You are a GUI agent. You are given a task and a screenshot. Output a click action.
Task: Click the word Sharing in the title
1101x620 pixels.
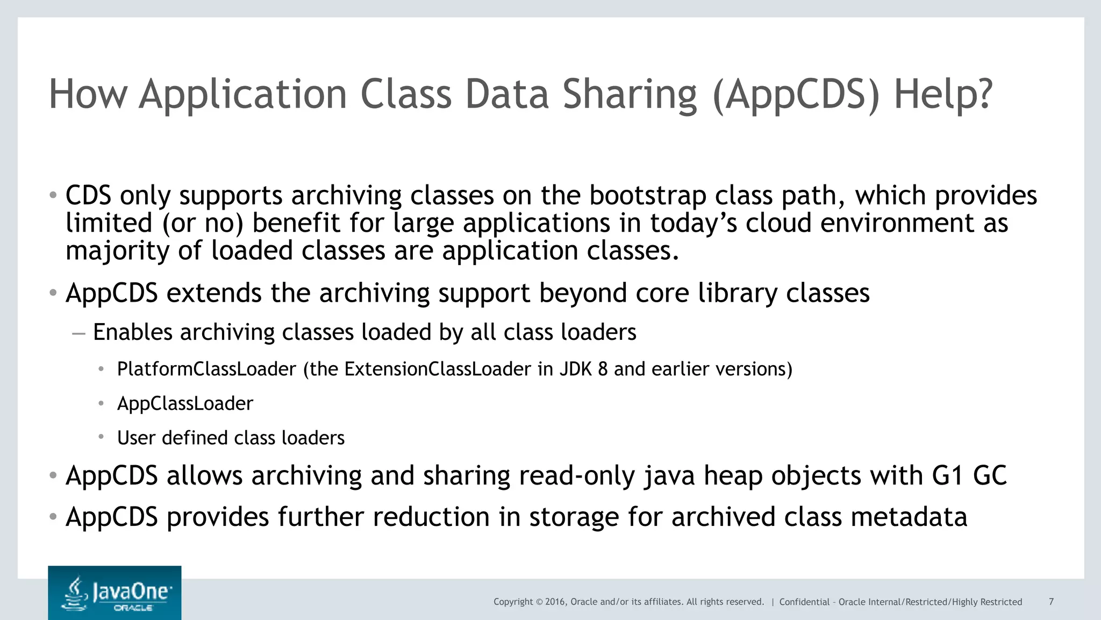click(x=628, y=95)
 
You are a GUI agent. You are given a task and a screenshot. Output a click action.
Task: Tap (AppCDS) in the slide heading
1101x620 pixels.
click(x=796, y=95)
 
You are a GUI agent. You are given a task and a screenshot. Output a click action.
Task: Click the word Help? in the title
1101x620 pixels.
click(x=942, y=95)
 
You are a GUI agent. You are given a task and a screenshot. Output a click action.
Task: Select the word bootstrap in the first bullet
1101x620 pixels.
click(x=647, y=195)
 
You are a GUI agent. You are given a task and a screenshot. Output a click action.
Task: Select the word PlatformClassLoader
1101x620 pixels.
click(x=206, y=369)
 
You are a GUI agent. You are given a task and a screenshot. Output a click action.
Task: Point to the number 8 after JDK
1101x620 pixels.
click(x=603, y=369)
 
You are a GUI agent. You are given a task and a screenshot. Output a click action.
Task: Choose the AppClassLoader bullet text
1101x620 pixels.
click(x=185, y=404)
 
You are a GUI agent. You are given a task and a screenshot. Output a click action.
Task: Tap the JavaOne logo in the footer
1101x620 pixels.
click(x=115, y=593)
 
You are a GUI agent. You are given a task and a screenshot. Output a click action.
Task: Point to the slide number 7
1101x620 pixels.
click(x=1051, y=602)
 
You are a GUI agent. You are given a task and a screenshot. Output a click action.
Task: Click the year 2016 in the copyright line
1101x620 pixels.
click(x=555, y=602)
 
